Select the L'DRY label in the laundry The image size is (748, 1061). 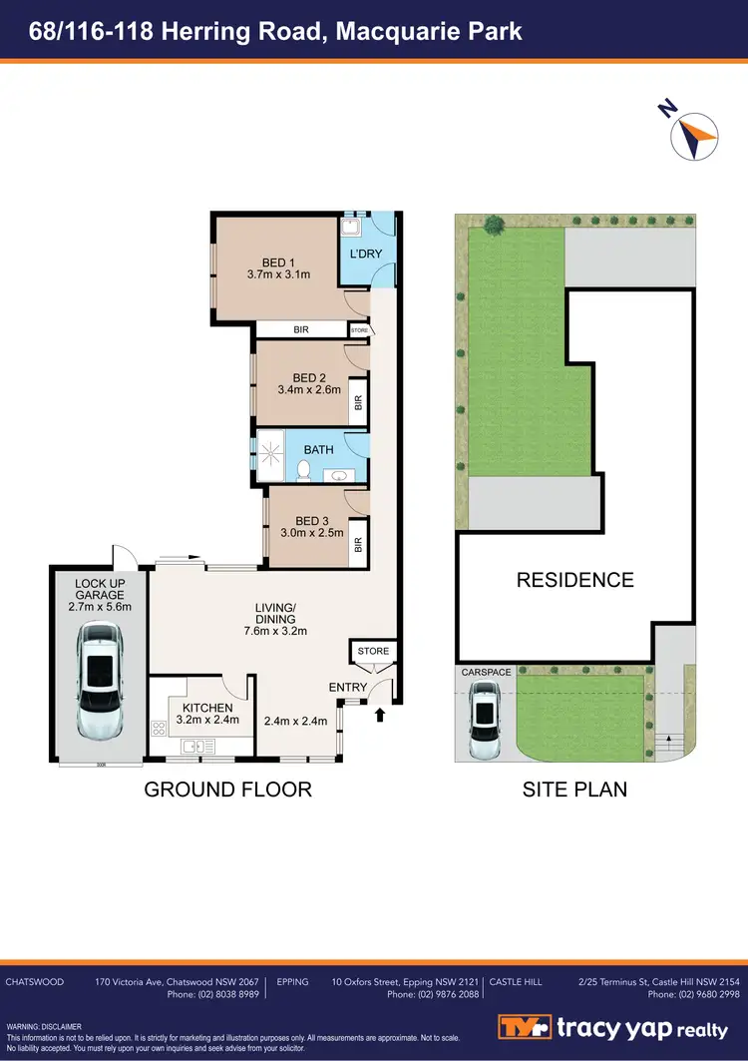coord(365,255)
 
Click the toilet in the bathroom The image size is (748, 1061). coord(306,470)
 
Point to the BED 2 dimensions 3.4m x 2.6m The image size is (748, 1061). coord(309,390)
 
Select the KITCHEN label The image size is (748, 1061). coord(207,708)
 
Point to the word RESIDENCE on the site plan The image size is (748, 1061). coord(574,580)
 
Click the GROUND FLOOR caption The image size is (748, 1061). coord(228,790)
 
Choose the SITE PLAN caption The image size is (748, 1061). coord(575,790)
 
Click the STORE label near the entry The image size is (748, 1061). coord(373,652)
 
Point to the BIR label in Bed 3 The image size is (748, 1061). coord(357,547)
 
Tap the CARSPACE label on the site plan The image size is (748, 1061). coord(486,673)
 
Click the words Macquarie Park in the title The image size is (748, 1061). coord(429,31)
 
